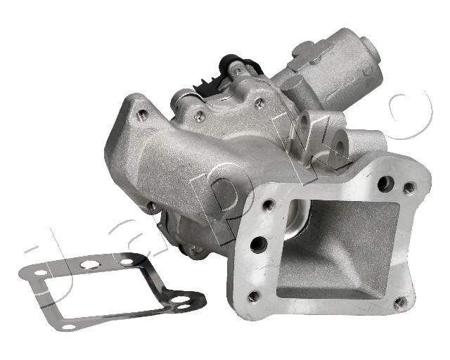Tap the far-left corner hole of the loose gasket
41,272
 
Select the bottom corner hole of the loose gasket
68,327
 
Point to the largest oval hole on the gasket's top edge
89,264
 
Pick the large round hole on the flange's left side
259,245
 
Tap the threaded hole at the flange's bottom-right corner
400,302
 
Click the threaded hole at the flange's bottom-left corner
254,296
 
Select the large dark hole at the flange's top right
385,184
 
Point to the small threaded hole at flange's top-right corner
409,188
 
